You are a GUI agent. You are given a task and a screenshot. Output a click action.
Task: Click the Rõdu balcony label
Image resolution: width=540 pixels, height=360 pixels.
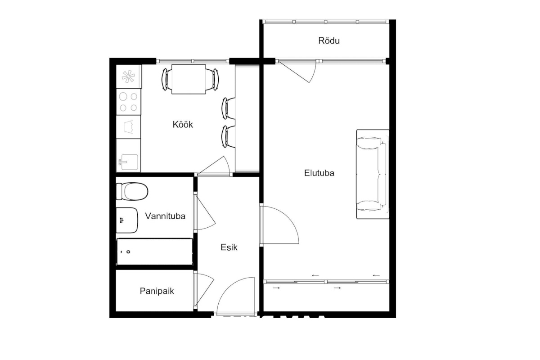click(x=329, y=41)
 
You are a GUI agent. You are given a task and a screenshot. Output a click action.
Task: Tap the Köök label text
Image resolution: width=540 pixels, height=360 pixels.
click(x=183, y=124)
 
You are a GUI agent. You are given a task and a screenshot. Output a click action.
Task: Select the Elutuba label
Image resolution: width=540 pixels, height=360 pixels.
click(x=319, y=173)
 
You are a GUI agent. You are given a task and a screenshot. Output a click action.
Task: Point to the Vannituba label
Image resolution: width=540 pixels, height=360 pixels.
click(x=165, y=216)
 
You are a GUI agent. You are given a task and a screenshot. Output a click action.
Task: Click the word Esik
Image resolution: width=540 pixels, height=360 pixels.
click(x=229, y=247)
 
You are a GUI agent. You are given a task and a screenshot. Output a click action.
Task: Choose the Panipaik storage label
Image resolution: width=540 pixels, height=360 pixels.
click(x=157, y=291)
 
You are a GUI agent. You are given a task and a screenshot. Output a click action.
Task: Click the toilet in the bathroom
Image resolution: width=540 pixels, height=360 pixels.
click(x=132, y=191)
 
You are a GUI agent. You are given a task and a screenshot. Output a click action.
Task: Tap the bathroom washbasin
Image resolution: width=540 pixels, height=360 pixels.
click(x=127, y=220)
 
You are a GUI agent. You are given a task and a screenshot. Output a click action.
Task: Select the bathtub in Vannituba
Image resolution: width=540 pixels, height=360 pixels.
click(x=154, y=252)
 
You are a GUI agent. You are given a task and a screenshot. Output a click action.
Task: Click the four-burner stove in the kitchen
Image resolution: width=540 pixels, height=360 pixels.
click(x=129, y=102)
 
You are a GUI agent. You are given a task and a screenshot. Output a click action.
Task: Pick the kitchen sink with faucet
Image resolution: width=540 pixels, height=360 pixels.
click(x=129, y=155)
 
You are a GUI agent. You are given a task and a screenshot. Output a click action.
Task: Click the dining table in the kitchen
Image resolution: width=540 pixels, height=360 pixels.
click(x=189, y=79)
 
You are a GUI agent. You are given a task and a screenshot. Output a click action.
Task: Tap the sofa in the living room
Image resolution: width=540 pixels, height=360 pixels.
click(x=373, y=174)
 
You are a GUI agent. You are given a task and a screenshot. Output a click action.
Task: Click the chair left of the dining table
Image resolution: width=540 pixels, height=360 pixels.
click(x=166, y=79)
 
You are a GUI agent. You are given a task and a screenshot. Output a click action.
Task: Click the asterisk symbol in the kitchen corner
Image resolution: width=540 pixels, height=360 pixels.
click(x=128, y=76)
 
